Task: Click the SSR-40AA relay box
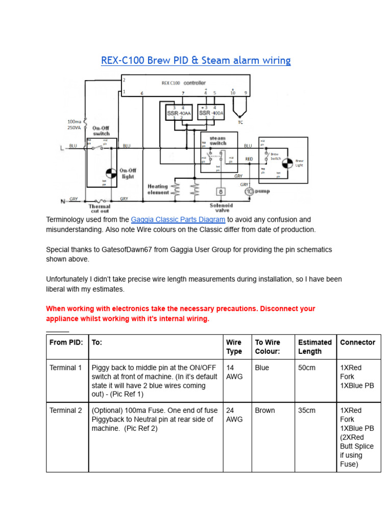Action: (x=178, y=113)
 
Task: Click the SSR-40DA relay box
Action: (x=211, y=113)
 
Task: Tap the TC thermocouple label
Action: (x=240, y=122)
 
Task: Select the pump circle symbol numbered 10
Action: (x=250, y=192)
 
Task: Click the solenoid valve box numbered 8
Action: (x=220, y=192)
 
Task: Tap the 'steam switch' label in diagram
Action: (x=217, y=141)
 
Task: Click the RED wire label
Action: (x=249, y=159)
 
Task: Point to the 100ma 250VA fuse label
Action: (x=74, y=124)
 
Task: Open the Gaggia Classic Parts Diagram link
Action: (x=178, y=220)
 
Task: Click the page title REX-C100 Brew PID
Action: (x=195, y=61)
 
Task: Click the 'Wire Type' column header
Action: (x=234, y=347)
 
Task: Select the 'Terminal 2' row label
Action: (x=65, y=410)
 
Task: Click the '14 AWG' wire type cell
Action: (x=234, y=372)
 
